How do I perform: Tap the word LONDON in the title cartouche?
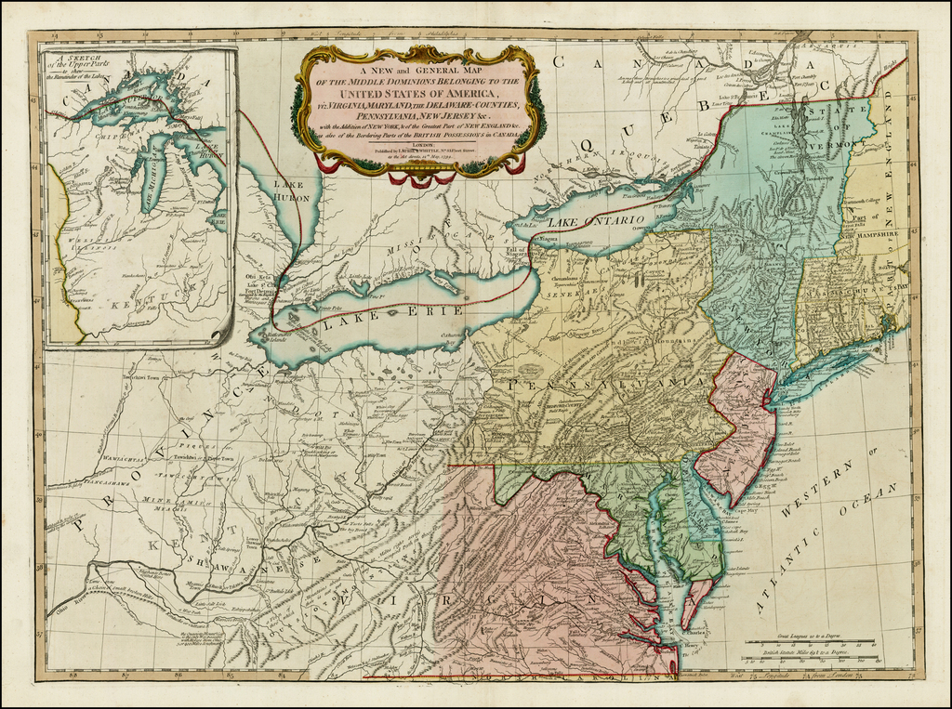(x=417, y=146)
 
